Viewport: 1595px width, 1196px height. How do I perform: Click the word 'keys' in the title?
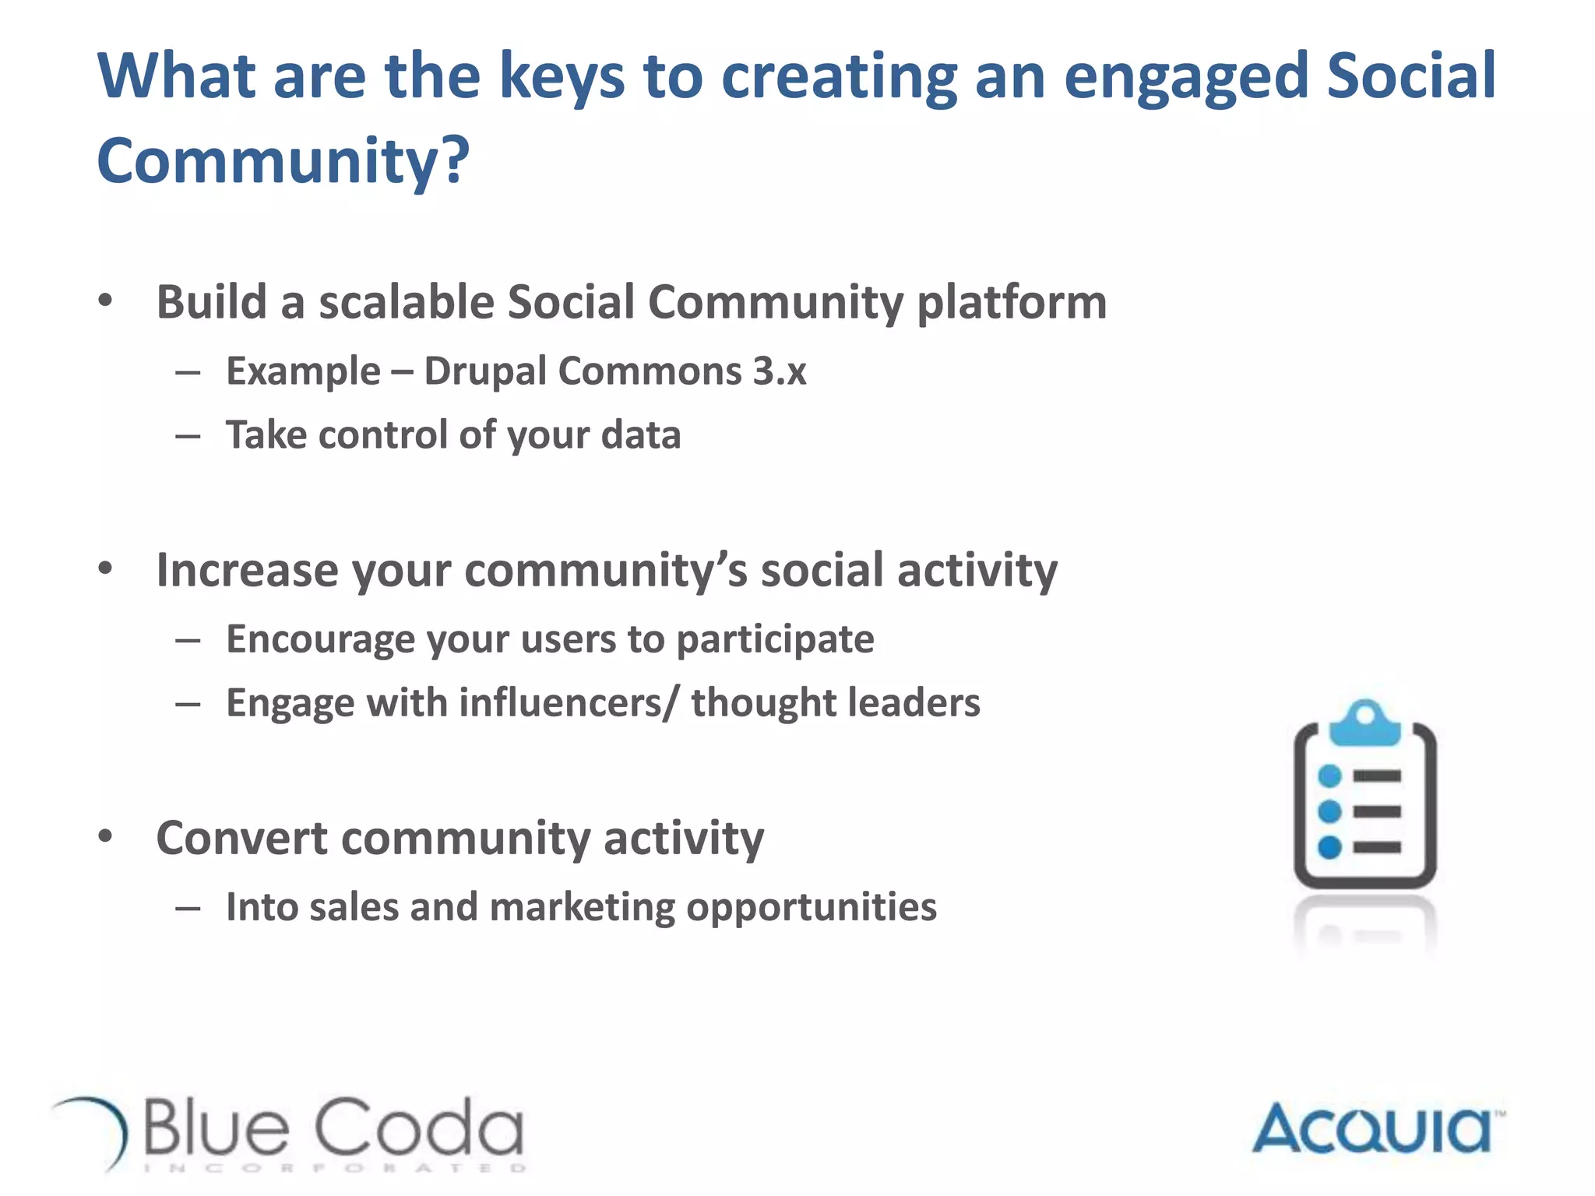click(561, 78)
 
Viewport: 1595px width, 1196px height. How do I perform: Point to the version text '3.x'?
click(779, 371)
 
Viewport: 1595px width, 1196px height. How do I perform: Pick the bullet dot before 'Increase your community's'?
click(106, 568)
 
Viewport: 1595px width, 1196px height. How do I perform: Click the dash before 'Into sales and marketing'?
click(188, 908)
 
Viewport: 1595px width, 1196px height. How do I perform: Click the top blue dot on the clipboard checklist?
click(1329, 776)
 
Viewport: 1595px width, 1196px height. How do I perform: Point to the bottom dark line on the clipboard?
click(1377, 847)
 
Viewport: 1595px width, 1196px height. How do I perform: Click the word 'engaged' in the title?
click(1186, 78)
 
